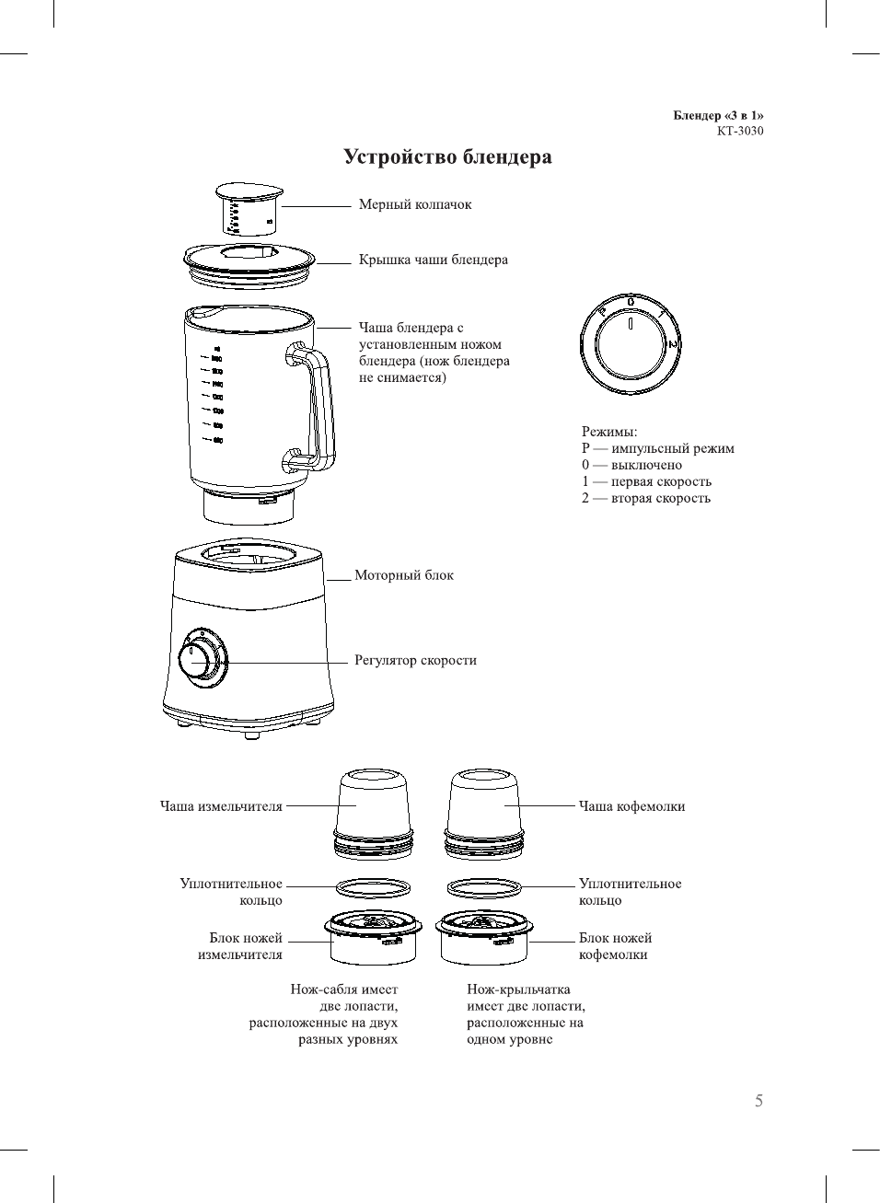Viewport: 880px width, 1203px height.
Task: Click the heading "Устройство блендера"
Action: pos(447,157)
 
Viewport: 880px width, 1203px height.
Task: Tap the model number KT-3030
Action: pos(739,131)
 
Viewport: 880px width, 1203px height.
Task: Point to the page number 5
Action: pos(758,1101)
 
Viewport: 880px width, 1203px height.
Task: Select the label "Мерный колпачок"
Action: pos(414,205)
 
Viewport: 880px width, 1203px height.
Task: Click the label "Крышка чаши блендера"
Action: pos(433,260)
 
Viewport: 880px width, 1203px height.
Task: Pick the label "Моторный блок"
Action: pos(404,575)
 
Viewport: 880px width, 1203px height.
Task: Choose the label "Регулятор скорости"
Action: pos(415,660)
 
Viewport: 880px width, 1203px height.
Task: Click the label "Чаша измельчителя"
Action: pos(221,806)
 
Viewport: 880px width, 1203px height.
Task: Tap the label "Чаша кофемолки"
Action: pos(631,806)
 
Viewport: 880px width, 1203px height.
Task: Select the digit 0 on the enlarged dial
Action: pos(631,302)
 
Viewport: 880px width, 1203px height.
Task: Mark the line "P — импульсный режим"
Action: pos(657,449)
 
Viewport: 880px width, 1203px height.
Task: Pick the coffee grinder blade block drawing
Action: pos(482,936)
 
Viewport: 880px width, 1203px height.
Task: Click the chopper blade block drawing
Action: pos(373,936)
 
